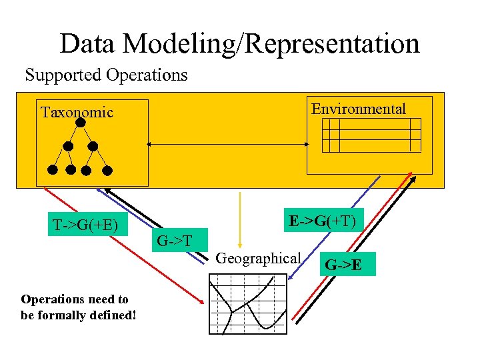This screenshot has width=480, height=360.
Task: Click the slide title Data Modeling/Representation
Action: pos(239,44)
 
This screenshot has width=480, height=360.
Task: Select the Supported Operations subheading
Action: pos(106,75)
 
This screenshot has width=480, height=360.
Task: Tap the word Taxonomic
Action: pos(77,112)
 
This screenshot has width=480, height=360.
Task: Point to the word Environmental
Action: pos(359,109)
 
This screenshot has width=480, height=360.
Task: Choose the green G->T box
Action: pos(175,240)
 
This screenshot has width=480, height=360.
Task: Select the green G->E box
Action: pos(347,263)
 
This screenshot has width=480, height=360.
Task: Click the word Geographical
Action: pos(259,257)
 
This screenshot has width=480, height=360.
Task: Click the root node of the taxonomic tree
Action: pos(81,123)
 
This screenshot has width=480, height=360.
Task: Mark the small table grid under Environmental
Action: pos(371,135)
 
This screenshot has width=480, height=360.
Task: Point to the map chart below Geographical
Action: pos(247,304)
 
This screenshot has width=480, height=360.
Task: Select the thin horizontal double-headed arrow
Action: pos(227,143)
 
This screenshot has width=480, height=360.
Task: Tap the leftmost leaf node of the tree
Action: pos(53,169)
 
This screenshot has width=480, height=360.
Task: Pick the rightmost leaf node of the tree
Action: pos(107,170)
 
